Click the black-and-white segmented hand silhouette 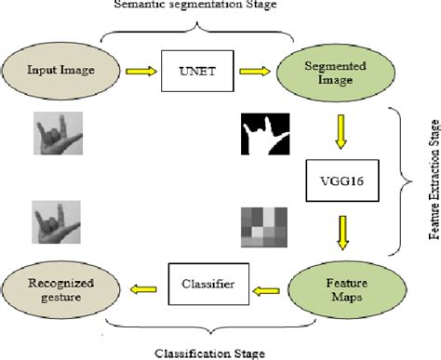coord(264,132)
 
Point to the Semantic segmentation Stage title coord(201,6)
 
